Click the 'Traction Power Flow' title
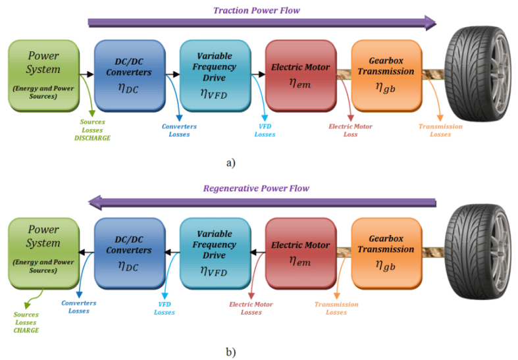tap(257, 11)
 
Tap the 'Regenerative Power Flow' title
tap(256, 189)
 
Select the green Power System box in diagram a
tap(43, 75)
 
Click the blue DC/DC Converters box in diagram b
tap(129, 253)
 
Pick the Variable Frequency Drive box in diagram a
tap(215, 75)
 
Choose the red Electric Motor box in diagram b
tap(301, 253)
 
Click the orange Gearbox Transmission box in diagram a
tap(386, 75)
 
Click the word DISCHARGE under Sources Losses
tap(93, 138)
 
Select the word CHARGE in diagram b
tap(26, 330)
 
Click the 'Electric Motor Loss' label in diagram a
tap(351, 130)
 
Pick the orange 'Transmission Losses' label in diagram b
tap(336, 308)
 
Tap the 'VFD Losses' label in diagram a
tap(265, 130)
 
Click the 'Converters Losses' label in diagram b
tap(79, 307)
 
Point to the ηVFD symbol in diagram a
tap(214, 94)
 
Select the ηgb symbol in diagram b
tap(386, 265)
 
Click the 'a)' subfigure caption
tap(231, 163)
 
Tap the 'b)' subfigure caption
tap(231, 352)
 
